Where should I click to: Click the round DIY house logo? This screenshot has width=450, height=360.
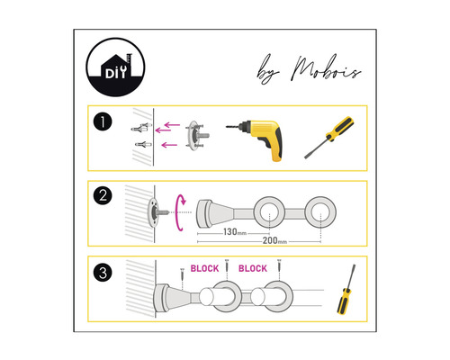coord(115,67)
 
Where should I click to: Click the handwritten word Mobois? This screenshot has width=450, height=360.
coord(327,68)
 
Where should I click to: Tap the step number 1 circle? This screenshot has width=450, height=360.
coord(103,122)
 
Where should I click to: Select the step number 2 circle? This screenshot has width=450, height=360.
coord(103,195)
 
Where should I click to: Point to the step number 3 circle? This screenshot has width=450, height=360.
coord(103,273)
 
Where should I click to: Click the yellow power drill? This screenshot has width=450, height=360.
coord(258,138)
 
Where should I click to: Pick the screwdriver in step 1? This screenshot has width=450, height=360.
coord(328,138)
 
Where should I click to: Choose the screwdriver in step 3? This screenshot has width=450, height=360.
coord(346,290)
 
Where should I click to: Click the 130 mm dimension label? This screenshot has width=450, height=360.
coord(235,232)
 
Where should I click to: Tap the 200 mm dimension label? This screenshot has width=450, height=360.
coord(274,240)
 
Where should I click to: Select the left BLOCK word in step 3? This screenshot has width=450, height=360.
coord(204,268)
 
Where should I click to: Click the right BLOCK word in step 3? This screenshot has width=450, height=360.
coord(253,268)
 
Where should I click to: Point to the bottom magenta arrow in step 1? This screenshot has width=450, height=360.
coord(169,145)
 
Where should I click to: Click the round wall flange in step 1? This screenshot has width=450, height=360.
coord(196,136)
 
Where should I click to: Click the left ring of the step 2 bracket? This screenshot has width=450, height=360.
coord(256,211)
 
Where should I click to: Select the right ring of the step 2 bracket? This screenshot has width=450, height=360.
coord(307,211)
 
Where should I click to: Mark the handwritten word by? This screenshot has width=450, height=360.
coord(268,70)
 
